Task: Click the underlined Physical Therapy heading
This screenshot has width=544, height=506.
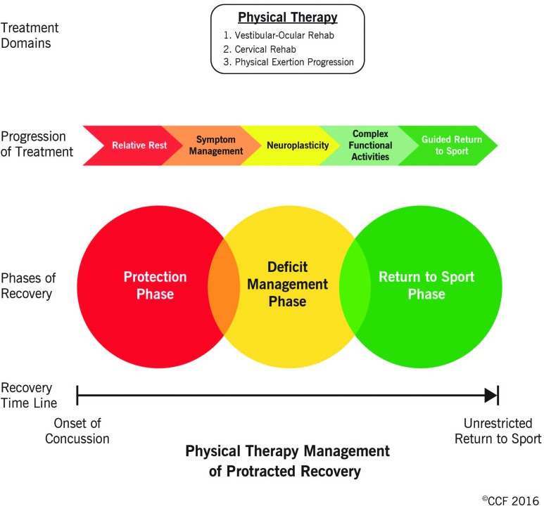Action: click(288, 18)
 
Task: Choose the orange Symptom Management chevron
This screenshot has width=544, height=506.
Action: click(210, 145)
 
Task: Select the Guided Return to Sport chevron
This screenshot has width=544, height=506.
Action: click(452, 145)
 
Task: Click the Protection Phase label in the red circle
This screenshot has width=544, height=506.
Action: click(156, 285)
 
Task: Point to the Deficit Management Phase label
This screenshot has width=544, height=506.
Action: click(287, 285)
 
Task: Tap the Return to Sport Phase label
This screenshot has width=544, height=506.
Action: click(426, 285)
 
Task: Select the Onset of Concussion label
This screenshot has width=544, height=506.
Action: click(77, 431)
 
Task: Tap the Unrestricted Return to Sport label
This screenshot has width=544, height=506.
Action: click(498, 431)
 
